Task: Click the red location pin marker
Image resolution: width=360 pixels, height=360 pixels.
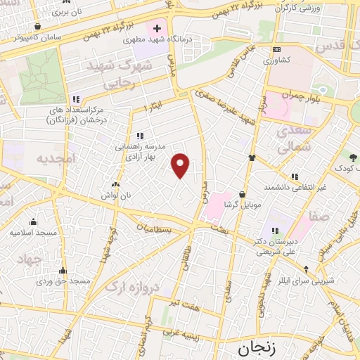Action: click(x=181, y=165)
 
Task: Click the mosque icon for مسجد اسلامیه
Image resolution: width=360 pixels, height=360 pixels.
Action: click(x=33, y=223)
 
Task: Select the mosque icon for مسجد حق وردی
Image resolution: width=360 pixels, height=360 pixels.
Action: click(x=63, y=271)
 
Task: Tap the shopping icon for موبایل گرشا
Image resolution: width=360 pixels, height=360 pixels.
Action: click(x=243, y=193)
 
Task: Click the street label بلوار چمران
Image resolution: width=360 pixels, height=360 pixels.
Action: click(x=309, y=95)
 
